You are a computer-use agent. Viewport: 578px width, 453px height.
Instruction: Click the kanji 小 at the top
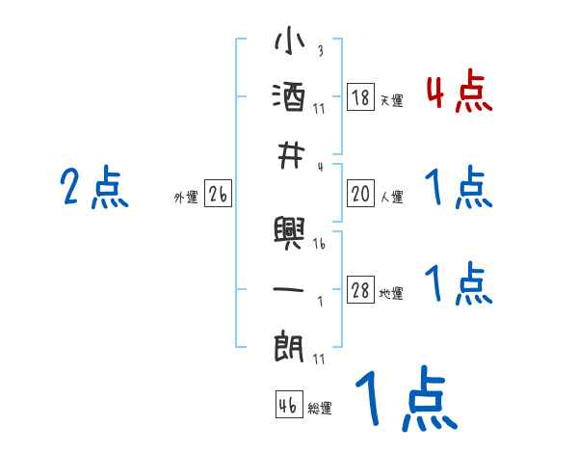pos(290,43)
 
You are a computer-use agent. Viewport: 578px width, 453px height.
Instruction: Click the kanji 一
pos(290,286)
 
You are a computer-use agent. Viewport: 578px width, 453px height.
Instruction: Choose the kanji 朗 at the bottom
pos(290,345)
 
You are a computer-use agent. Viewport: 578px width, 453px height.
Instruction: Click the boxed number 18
pos(361,97)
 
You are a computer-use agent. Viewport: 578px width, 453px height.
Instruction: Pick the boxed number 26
pos(218,195)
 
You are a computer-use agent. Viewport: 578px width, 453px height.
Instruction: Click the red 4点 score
pos(459,93)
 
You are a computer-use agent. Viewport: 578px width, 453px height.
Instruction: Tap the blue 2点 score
pos(94,187)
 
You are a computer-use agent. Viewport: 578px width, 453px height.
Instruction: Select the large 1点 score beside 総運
pos(405,401)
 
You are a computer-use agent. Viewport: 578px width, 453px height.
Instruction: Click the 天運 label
pos(391,100)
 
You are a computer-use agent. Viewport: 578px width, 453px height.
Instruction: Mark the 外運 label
pos(186,198)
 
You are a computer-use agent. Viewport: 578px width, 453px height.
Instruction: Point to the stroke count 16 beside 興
pos(320,245)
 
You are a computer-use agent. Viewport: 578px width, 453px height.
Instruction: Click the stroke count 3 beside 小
pos(320,51)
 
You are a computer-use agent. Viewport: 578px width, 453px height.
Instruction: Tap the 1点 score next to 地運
pos(459,284)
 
